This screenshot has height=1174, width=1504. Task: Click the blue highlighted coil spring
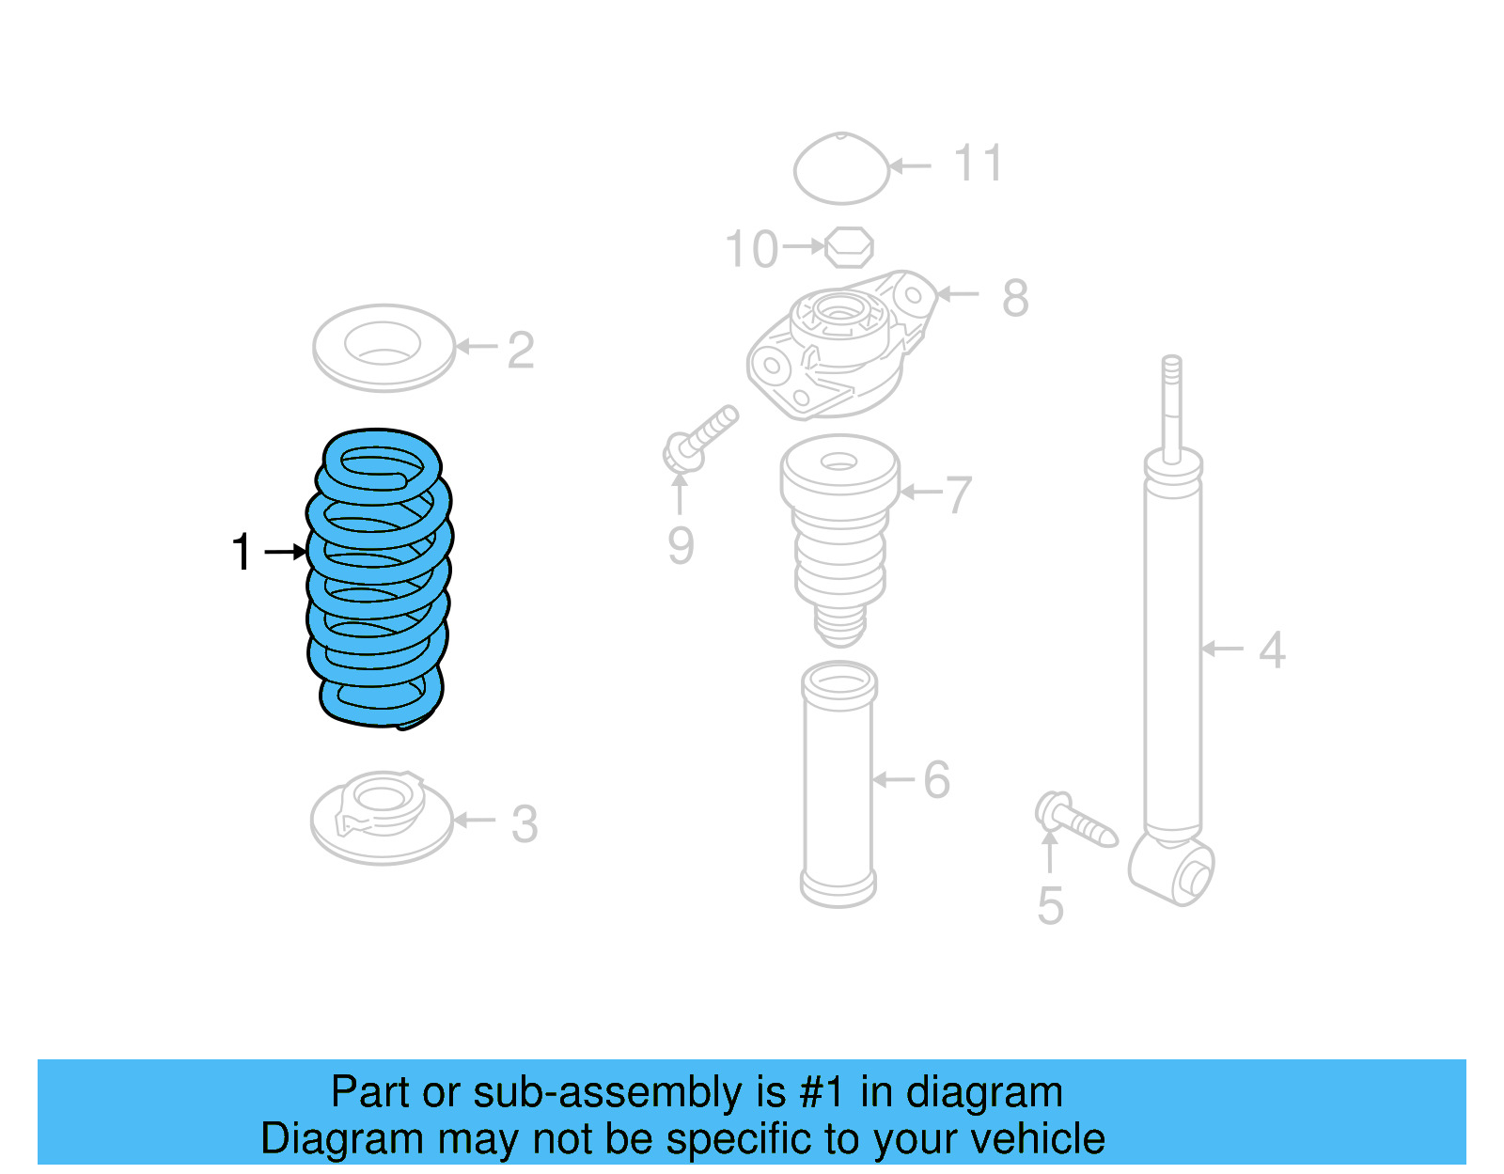coord(379,578)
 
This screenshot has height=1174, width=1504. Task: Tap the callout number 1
coord(242,552)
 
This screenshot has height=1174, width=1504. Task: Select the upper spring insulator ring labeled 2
coord(384,347)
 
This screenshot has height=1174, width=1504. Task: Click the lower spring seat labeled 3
coord(382,818)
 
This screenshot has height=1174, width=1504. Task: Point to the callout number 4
coord(1272,650)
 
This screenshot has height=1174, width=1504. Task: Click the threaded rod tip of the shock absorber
coord(1171,376)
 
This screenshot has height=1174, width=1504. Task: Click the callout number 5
coord(1050,905)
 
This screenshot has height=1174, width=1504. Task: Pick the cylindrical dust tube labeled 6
coord(838,785)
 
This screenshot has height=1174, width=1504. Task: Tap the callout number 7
coord(958,494)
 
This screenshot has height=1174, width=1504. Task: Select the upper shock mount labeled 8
coord(838,343)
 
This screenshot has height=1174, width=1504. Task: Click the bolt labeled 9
coord(700,438)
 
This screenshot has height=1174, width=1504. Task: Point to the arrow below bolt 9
coord(680,493)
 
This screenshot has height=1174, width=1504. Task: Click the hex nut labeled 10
coord(849,247)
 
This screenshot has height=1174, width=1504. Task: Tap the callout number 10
coord(751,250)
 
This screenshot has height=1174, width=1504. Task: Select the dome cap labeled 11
coord(841,169)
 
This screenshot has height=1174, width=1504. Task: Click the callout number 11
coord(978,164)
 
